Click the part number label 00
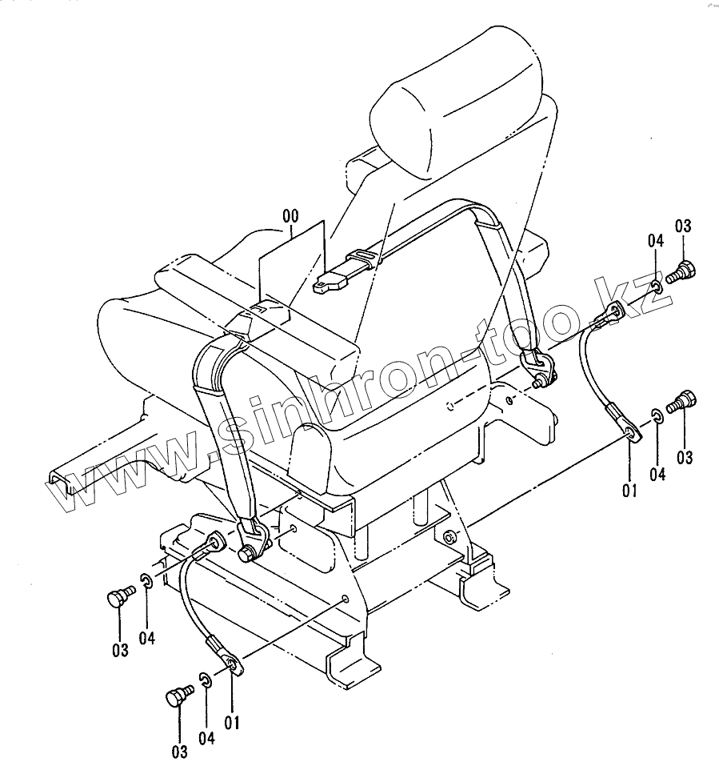pyautogui.click(x=290, y=216)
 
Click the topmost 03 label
pyautogui.click(x=682, y=227)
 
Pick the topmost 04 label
pyautogui.click(x=656, y=240)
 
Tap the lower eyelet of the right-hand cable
pyautogui.click(x=631, y=434)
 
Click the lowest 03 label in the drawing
pyautogui.click(x=178, y=751)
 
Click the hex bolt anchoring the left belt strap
pyautogui.click(x=248, y=553)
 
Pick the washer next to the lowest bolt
pyautogui.click(x=205, y=680)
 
